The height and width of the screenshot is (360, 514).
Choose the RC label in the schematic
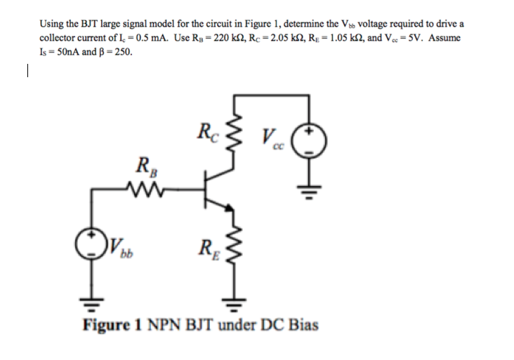[x=205, y=131]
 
